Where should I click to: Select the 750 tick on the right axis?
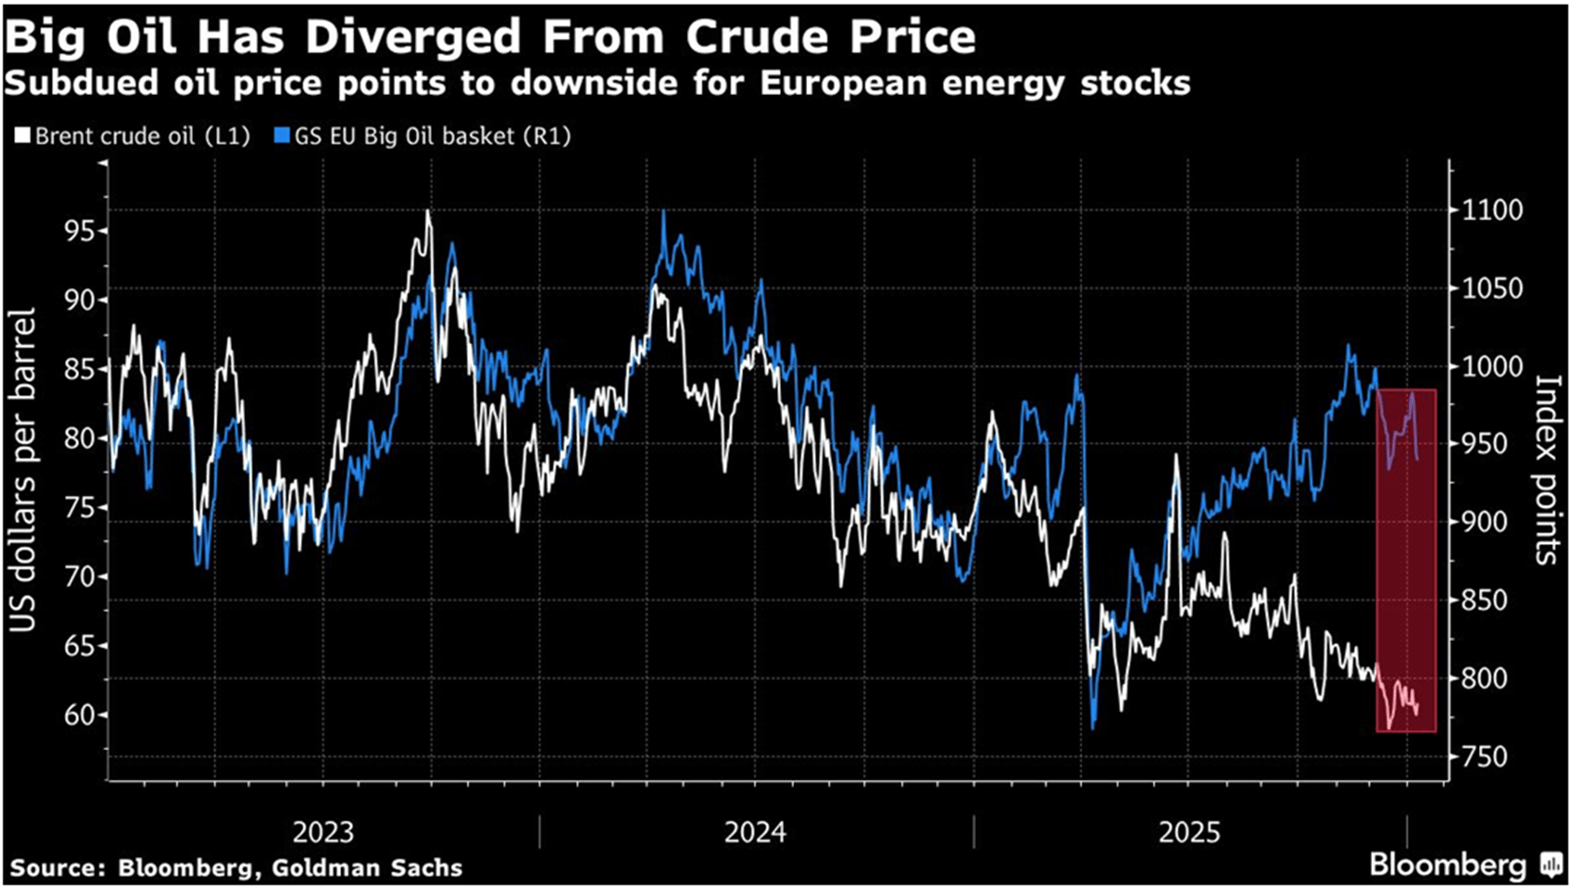coord(1485,757)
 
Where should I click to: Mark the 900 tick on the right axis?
coord(1485,523)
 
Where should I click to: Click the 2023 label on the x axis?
coord(322,832)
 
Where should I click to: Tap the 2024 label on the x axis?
coord(755,832)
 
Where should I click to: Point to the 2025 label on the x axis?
coord(1189,832)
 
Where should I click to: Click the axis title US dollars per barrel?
coord(22,471)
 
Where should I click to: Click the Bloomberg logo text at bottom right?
coord(1447,866)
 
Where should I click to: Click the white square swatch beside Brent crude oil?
coord(22,136)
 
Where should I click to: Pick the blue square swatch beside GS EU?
coord(282,136)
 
